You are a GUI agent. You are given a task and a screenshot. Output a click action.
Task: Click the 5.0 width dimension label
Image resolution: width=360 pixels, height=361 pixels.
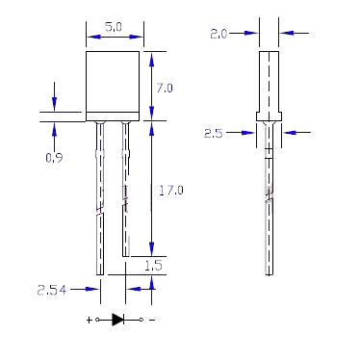click(114, 27)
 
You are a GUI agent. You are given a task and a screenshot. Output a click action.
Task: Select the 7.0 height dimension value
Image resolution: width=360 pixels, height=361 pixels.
click(165, 88)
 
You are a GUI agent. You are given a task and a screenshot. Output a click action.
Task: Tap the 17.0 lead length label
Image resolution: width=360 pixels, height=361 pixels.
click(171, 191)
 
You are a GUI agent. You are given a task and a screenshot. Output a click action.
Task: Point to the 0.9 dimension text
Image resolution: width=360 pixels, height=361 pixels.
click(54, 158)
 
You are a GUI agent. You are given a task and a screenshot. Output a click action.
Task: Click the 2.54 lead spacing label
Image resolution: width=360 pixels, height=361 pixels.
click(52, 290)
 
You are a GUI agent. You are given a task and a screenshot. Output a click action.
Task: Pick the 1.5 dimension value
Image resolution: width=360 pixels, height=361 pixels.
click(154, 266)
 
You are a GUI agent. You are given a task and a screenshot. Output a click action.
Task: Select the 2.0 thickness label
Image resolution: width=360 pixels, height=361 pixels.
click(219, 34)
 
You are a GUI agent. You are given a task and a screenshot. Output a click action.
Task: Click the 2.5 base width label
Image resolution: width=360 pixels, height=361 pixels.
click(214, 133)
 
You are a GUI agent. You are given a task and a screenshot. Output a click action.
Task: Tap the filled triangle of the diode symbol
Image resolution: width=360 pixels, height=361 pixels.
click(117, 320)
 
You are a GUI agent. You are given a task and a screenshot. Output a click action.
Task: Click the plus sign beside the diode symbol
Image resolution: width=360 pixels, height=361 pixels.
click(90, 320)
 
